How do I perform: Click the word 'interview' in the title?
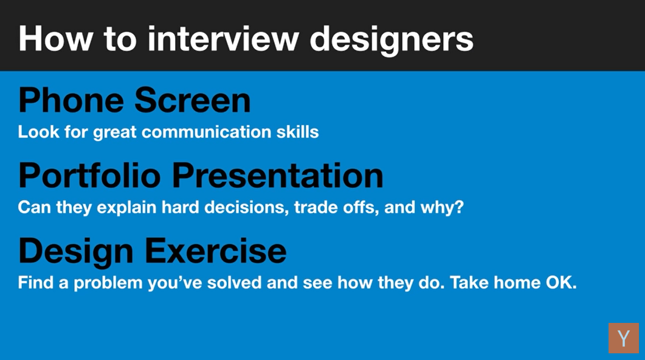[x=223, y=39]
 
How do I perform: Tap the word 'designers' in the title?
[x=391, y=41]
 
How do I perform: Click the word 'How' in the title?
[x=56, y=39]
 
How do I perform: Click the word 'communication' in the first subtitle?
[x=207, y=132]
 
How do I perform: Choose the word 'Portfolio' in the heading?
[x=90, y=175]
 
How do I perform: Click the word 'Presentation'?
[x=278, y=175]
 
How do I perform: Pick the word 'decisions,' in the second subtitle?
[x=246, y=207]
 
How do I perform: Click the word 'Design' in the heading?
[x=76, y=252]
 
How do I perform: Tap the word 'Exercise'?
[x=216, y=251]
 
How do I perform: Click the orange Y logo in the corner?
[x=624, y=338]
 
